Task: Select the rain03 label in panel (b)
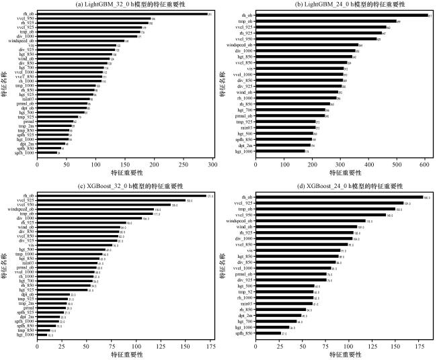(246, 126)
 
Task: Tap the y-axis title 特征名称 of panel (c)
(5, 265)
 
